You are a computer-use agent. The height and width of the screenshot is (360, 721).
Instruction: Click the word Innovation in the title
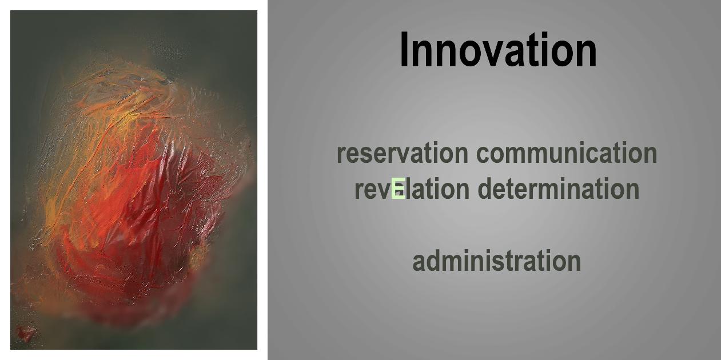[x=498, y=50]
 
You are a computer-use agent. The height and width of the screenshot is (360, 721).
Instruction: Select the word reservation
[x=403, y=153]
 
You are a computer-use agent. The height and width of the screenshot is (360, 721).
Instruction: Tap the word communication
[x=567, y=153]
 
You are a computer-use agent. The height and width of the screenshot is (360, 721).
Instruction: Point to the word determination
[x=559, y=188]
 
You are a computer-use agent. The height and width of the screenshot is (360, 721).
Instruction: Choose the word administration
[x=497, y=260]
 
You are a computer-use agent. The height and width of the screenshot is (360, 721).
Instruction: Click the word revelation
[x=412, y=188]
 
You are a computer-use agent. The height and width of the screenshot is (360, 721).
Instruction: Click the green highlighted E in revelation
[x=398, y=189]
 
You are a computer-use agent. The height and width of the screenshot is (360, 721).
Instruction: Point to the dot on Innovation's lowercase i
[x=548, y=35]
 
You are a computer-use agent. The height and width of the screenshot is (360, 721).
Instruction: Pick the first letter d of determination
[x=485, y=188]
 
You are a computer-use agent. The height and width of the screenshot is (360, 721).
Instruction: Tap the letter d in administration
[x=433, y=260]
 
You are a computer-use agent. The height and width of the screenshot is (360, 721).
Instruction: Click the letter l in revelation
[x=408, y=188]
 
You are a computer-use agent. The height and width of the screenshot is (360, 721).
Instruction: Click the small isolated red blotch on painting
[x=26, y=334]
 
